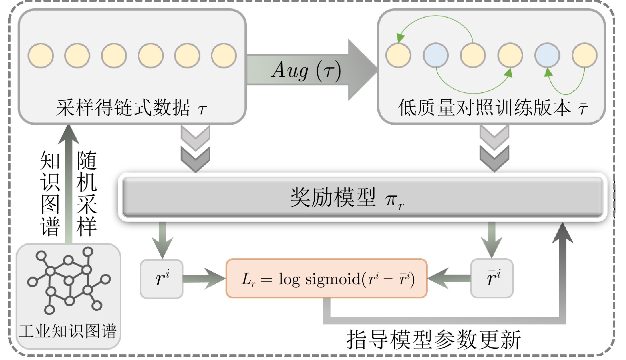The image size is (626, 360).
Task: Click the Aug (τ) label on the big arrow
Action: (306, 71)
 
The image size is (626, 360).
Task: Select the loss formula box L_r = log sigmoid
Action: (327, 279)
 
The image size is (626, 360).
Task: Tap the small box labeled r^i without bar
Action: (162, 279)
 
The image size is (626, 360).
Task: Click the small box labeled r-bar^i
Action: (492, 278)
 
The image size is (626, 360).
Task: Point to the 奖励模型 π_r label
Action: (346, 198)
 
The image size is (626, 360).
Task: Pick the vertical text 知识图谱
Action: (50, 193)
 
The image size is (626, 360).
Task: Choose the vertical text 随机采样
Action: (87, 193)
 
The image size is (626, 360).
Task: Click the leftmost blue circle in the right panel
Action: (436, 55)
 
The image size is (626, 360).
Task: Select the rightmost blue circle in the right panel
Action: (547, 55)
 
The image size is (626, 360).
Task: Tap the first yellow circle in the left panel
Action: (41, 55)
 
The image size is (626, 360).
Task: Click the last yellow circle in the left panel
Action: (224, 55)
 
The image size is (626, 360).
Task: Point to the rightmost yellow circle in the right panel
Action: (585, 55)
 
